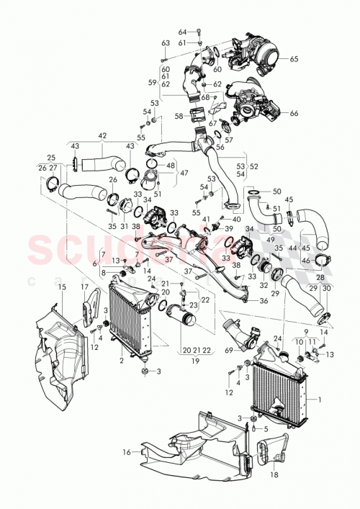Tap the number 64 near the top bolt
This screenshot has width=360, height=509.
tap(182, 32)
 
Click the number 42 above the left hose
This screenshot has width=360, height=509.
tap(102, 135)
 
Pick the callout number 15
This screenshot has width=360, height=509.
tap(62, 288)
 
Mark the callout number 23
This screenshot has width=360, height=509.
tap(193, 305)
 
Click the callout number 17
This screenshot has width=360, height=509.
tap(84, 288)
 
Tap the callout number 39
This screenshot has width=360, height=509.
tap(230, 228)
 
